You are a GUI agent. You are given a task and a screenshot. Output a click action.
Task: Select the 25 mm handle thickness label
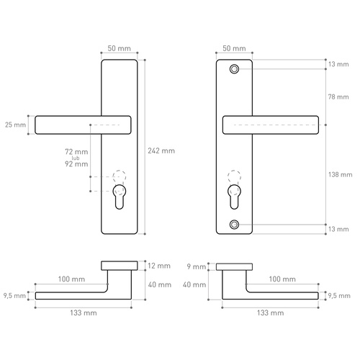[14, 125]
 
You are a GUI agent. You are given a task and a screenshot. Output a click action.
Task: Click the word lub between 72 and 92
[84, 158]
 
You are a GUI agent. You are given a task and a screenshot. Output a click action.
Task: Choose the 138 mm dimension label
[341, 174]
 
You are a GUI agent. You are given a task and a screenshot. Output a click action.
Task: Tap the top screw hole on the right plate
[234, 69]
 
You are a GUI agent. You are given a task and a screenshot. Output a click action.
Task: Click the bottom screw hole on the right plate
[234, 225]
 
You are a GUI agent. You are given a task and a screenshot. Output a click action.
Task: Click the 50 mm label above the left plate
[119, 48]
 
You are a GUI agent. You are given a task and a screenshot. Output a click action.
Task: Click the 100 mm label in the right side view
[282, 279]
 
